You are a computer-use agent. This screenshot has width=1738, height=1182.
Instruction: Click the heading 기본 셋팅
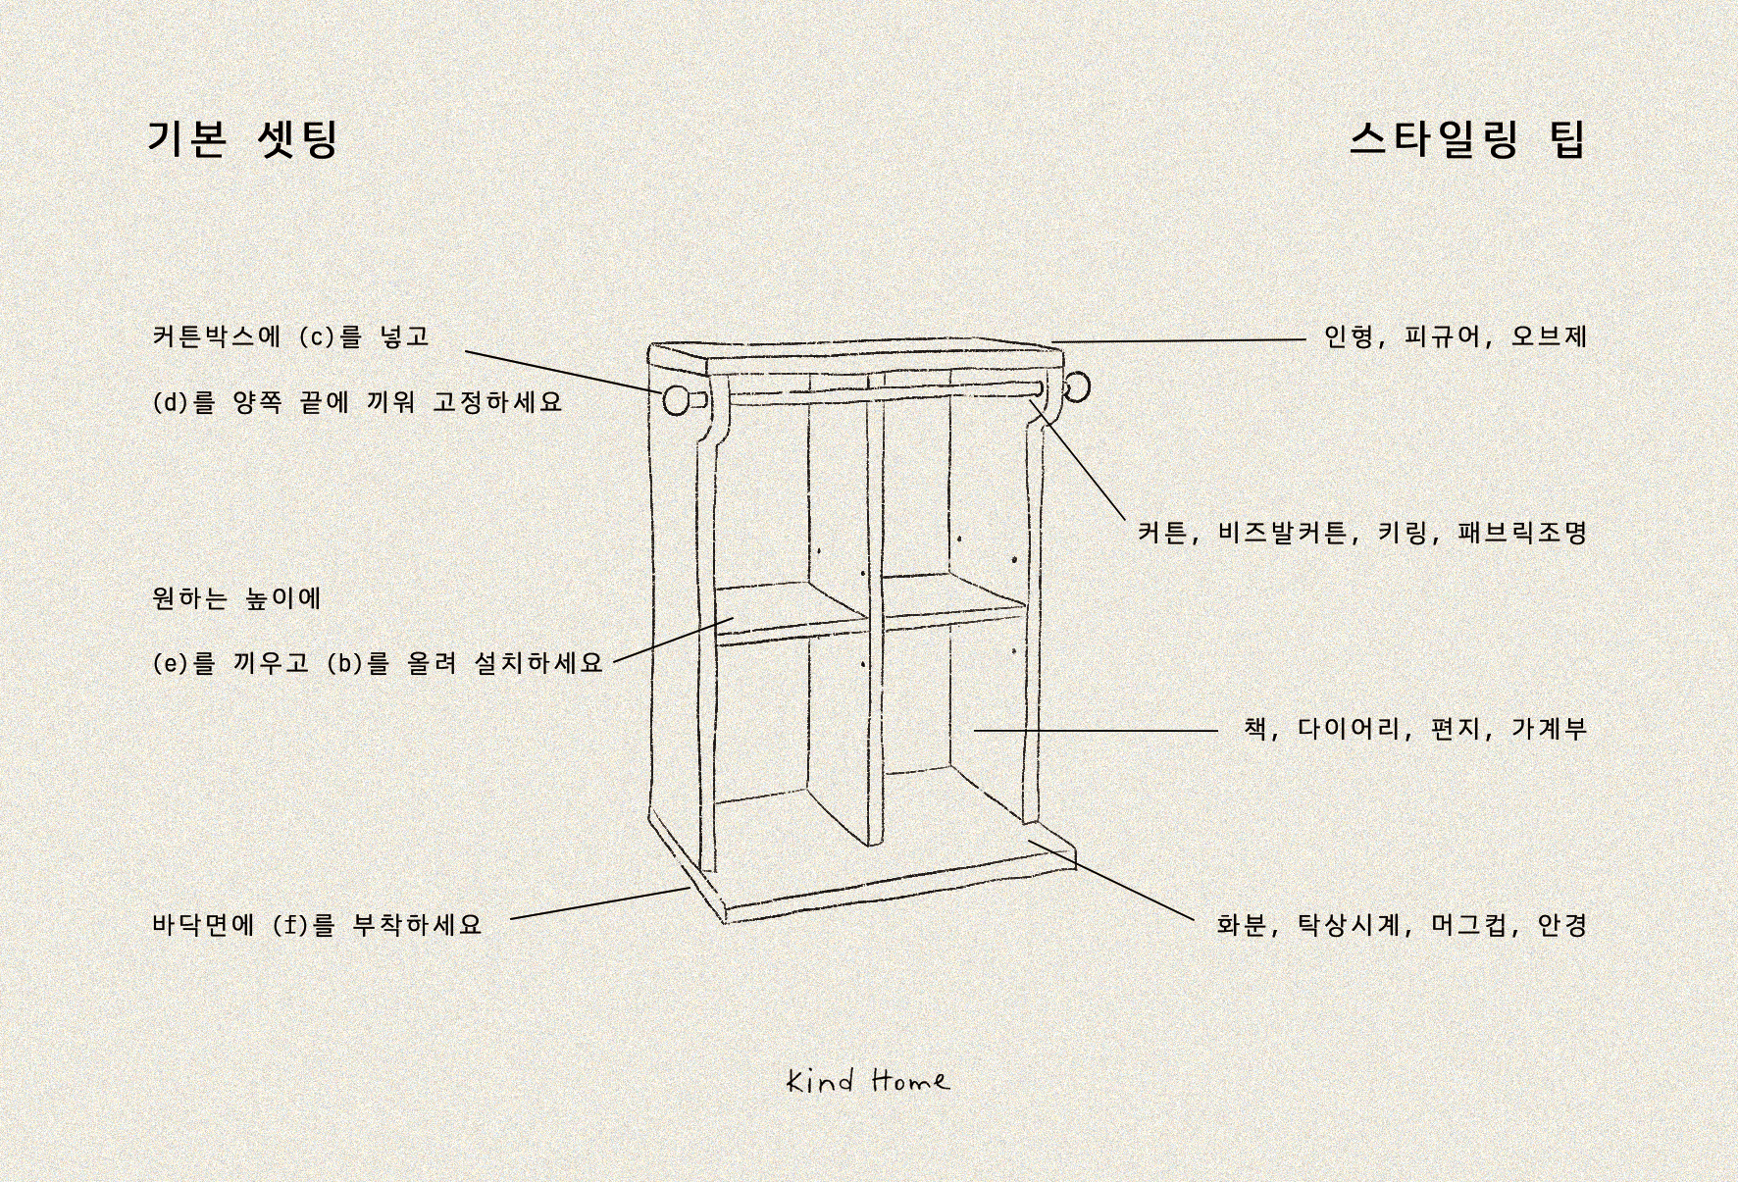tap(243, 138)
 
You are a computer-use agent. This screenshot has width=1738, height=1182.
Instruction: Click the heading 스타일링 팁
tap(1467, 138)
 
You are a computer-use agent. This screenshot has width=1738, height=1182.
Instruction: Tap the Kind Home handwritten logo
tap(868, 1080)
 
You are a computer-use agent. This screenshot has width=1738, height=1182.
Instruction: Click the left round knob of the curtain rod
tap(677, 400)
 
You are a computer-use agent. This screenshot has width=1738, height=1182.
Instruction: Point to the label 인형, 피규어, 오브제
tap(1456, 336)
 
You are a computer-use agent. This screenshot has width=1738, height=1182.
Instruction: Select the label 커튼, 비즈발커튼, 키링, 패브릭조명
tap(1362, 533)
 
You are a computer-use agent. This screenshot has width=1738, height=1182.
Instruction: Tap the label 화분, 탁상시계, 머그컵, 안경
tap(1402, 925)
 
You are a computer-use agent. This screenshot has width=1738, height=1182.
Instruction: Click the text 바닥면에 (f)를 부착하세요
tap(318, 925)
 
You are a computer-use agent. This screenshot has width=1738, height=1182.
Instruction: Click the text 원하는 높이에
tap(237, 598)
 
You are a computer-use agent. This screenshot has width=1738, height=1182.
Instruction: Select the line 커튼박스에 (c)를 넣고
tap(291, 336)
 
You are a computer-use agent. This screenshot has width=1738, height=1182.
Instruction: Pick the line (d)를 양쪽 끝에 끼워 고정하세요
tap(358, 402)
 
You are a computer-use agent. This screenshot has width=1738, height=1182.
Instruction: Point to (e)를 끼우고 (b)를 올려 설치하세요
tap(378, 663)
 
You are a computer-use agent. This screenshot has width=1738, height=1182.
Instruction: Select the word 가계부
tap(1549, 729)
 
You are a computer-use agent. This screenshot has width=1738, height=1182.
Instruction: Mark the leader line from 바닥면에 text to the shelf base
tap(600, 903)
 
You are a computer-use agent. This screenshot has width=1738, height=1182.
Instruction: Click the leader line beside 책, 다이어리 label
tap(1096, 730)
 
